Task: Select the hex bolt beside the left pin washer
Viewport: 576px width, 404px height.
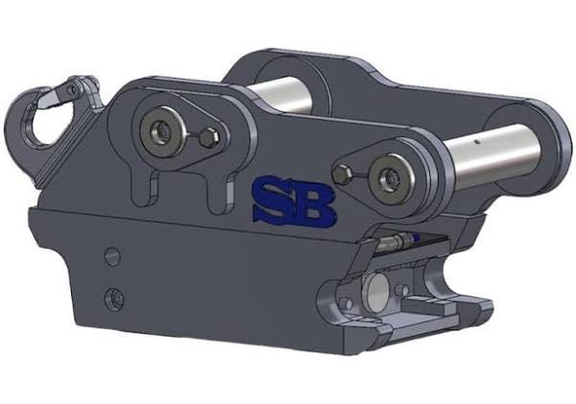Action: [208, 137]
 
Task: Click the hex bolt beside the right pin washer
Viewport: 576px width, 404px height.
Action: [342, 174]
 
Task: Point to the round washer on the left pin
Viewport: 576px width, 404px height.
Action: [162, 129]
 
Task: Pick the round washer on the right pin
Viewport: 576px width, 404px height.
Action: [392, 178]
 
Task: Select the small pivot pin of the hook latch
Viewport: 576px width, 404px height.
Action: [74, 88]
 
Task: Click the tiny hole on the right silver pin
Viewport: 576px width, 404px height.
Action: [476, 140]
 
